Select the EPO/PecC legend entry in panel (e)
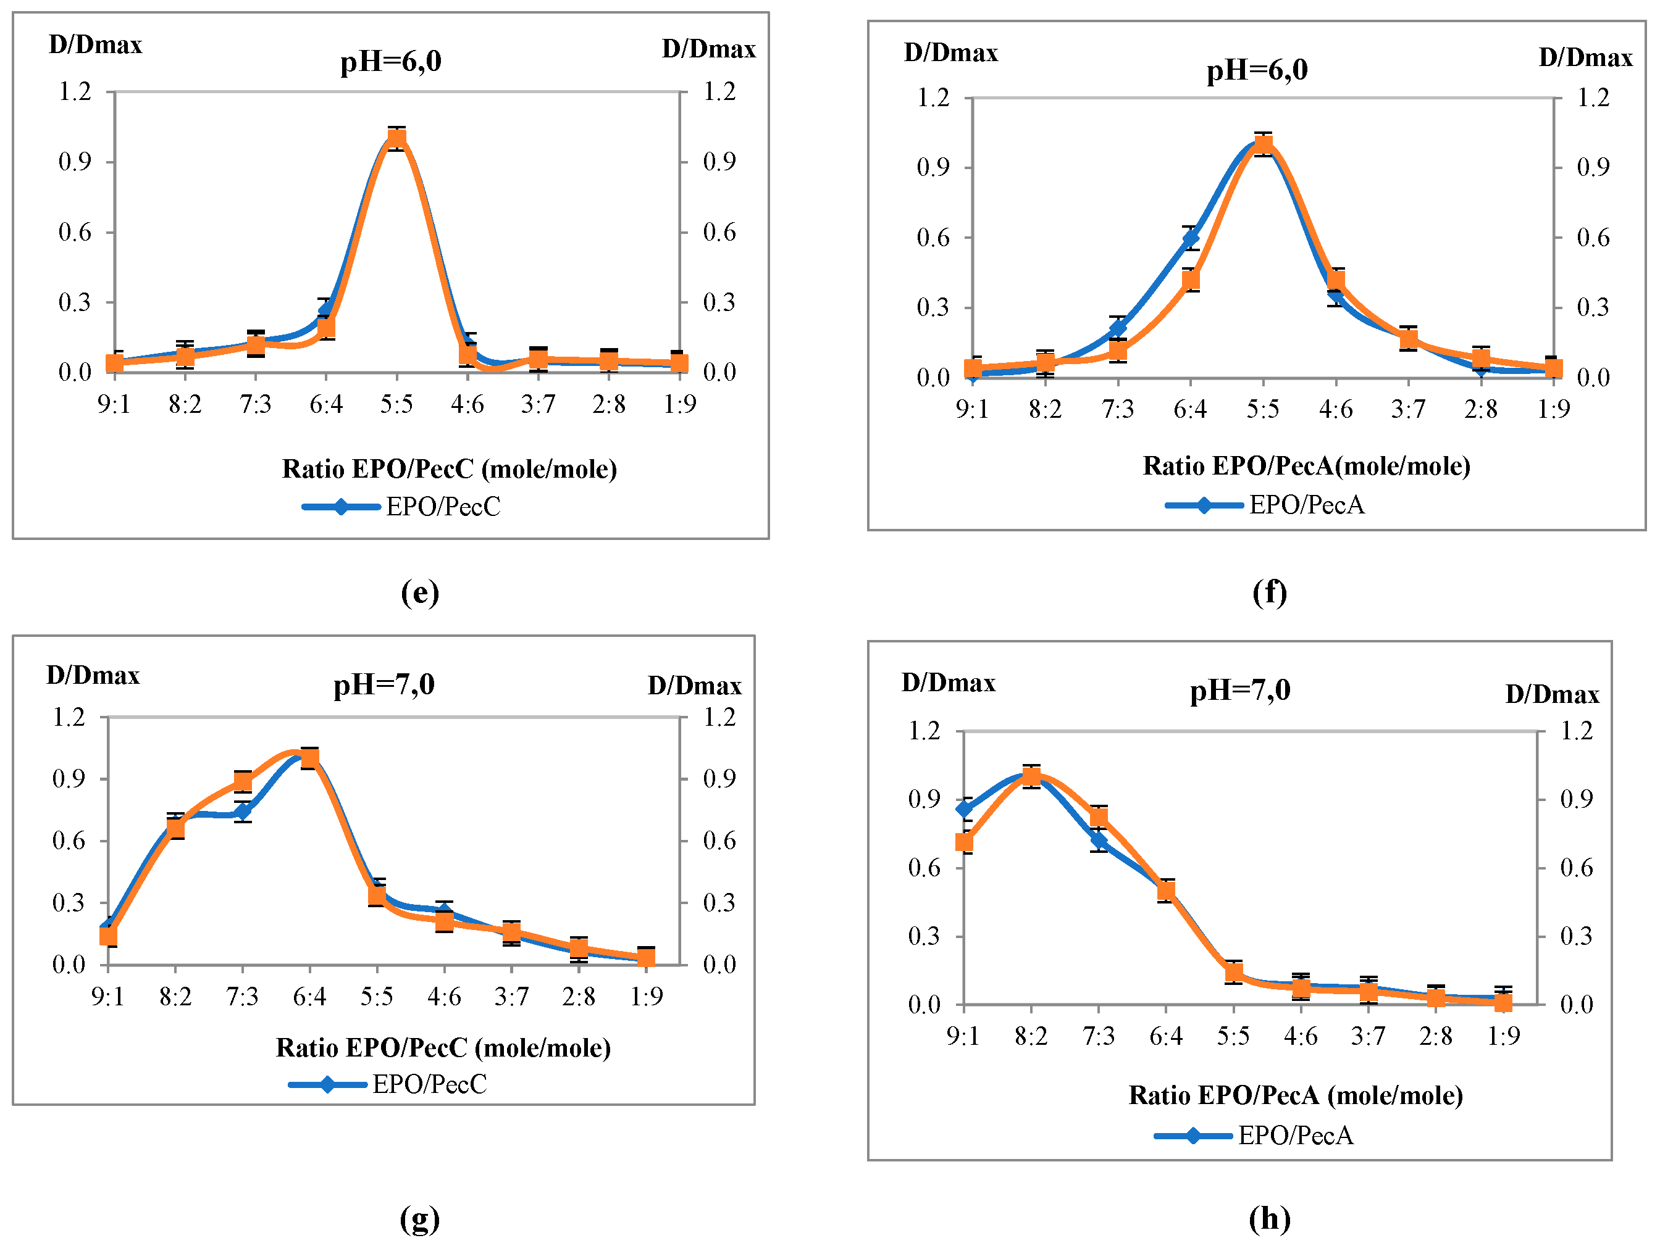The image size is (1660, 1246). coord(401,507)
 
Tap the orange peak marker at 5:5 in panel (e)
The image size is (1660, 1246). coord(397,138)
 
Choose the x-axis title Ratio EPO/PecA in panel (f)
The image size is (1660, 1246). coord(1306,466)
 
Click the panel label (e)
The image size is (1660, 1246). coord(419,592)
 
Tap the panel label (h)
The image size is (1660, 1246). coord(1269,1218)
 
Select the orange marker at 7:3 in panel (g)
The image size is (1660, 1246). coord(243,781)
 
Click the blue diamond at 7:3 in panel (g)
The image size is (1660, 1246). coord(243,812)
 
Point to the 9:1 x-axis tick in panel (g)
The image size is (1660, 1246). coord(108,997)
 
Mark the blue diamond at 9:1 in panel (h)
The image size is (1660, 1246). coord(965,810)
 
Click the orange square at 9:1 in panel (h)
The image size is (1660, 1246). coord(965,842)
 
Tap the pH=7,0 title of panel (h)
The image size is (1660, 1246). coord(1239,690)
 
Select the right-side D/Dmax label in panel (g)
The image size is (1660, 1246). coord(694,686)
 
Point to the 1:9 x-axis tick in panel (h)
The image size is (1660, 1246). coord(1503,1036)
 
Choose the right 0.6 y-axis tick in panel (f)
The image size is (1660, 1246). coord(1593,238)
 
